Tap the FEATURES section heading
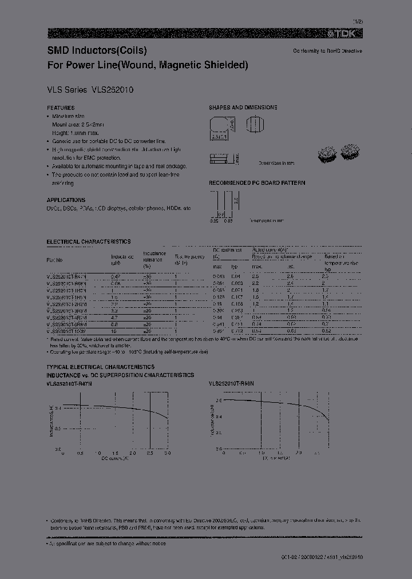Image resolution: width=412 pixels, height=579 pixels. pyautogui.click(x=61, y=108)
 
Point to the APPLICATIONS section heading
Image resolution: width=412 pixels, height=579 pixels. pyautogui.click(x=66, y=200)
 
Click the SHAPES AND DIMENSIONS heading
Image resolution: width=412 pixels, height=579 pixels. pyautogui.click(x=243, y=108)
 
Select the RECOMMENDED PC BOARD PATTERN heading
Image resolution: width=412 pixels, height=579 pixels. pyautogui.click(x=256, y=183)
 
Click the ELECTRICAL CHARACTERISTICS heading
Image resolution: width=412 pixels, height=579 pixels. pyautogui.click(x=88, y=242)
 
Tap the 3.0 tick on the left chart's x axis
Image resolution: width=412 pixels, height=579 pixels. pyautogui.click(x=168, y=453)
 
